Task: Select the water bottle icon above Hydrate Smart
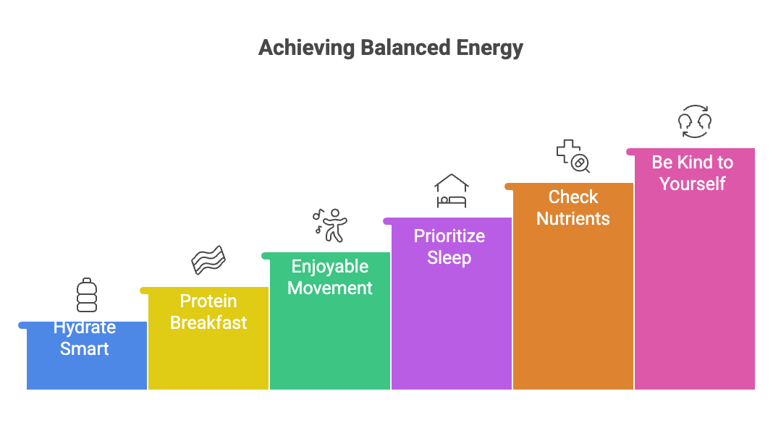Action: tap(86, 295)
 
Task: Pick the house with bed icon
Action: tap(452, 191)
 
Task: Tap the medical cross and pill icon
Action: tap(573, 156)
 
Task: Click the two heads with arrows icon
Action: tap(694, 121)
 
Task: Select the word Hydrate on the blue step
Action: tap(85, 327)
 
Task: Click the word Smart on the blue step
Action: tap(85, 349)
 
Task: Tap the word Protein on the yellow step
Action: tap(208, 301)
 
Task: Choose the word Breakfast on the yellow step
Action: tap(208, 322)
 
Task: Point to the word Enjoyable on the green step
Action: tap(330, 266)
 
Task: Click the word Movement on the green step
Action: tap(330, 288)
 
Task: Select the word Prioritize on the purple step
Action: tap(449, 236)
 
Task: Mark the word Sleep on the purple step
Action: tap(449, 257)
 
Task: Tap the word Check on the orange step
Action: tap(573, 197)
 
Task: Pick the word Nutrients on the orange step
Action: tap(573, 218)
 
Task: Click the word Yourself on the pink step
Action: tap(693, 184)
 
